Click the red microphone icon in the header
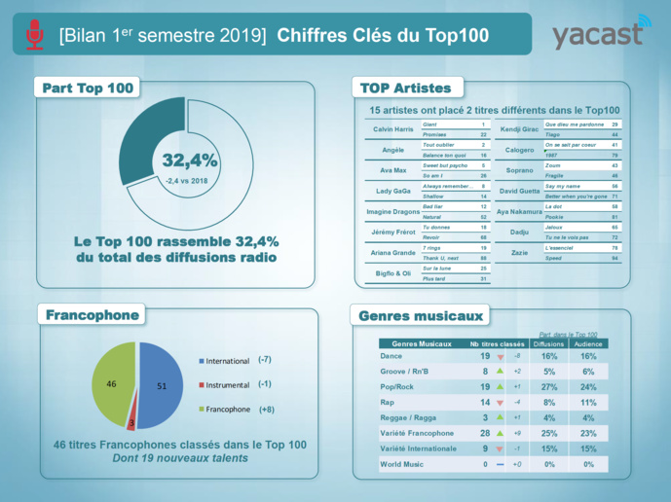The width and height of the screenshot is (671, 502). [x=35, y=35]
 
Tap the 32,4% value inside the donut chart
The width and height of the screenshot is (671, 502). [x=190, y=161]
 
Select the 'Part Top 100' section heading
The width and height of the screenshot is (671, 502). [x=88, y=89]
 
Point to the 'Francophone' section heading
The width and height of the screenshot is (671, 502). [x=93, y=314]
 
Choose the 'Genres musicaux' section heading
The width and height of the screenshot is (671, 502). [x=421, y=316]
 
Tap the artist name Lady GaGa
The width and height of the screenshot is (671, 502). [x=392, y=191]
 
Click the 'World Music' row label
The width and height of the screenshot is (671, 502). [x=400, y=464]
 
